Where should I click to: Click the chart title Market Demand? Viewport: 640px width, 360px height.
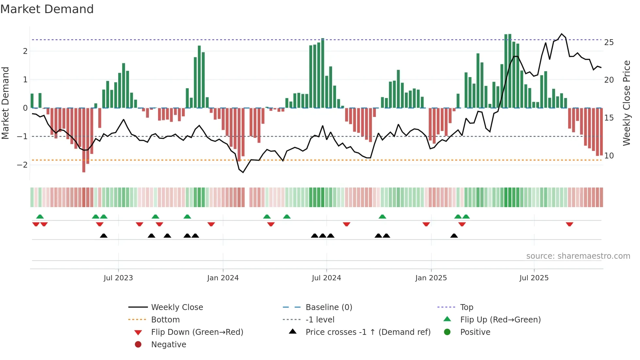[x=47, y=9]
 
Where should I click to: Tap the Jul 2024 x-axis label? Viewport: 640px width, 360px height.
[x=326, y=278]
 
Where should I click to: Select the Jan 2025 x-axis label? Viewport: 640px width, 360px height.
[x=431, y=278]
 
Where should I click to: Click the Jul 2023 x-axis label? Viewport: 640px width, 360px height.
[x=118, y=278]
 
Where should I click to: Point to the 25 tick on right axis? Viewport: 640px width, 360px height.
[x=609, y=42]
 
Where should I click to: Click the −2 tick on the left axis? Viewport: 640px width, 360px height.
[x=22, y=165]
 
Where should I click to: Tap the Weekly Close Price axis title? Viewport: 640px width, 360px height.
[x=626, y=103]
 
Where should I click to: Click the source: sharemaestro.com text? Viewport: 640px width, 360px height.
[x=578, y=256]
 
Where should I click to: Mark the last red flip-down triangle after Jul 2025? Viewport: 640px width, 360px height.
[x=569, y=224]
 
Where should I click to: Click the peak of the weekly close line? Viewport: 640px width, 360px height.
[x=562, y=34]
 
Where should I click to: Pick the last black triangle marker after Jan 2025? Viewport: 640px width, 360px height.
[x=454, y=236]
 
